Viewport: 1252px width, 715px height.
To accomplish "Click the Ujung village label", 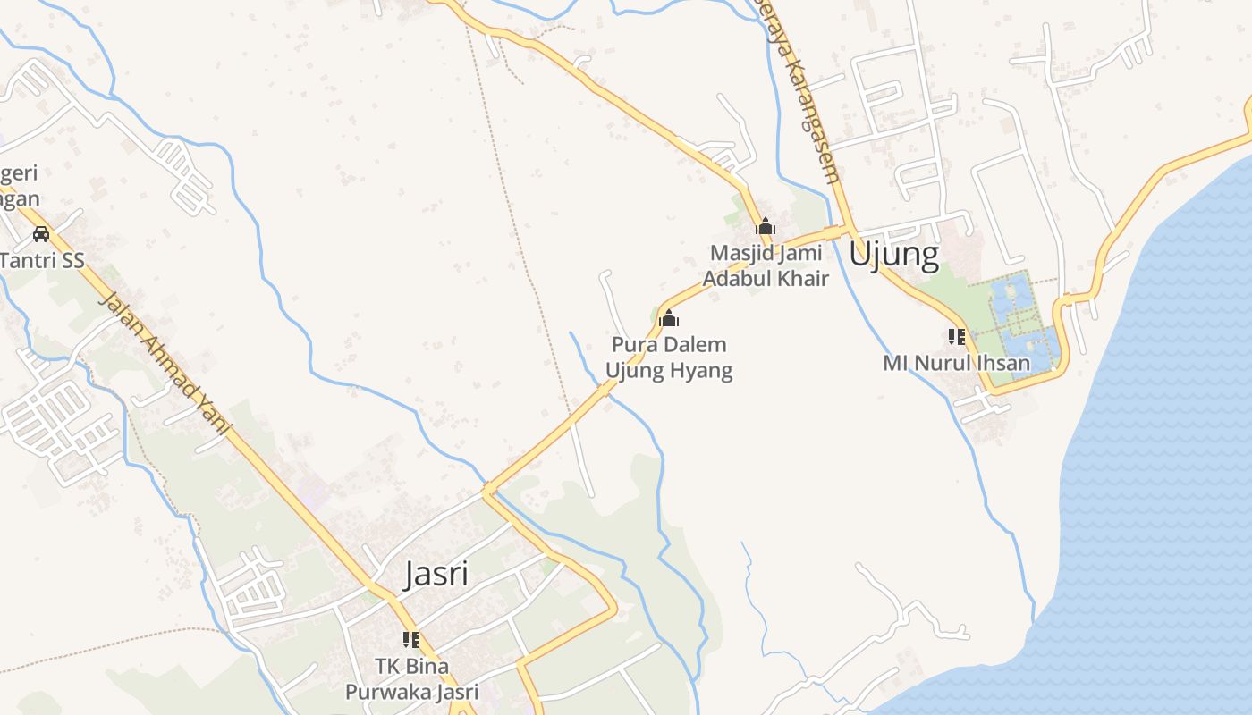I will coord(893,255).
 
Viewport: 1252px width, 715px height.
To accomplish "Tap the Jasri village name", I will coord(436,574).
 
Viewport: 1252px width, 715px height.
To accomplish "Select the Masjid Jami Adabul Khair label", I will coord(766,265).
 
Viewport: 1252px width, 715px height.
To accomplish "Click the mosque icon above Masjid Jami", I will coord(766,226).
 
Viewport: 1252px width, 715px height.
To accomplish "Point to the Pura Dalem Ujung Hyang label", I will coord(669,357).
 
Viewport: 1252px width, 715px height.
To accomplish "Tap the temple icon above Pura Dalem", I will coord(669,318).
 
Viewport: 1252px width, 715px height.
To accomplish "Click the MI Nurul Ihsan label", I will coord(956,364).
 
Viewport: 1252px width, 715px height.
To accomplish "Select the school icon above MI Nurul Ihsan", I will coord(957,337).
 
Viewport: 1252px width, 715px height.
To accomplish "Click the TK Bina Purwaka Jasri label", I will coord(412,679).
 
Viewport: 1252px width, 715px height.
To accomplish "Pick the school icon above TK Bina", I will coord(411,639).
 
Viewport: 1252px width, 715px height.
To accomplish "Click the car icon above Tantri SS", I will coord(40,234).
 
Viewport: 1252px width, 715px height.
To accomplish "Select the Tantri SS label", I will coord(42,261).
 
